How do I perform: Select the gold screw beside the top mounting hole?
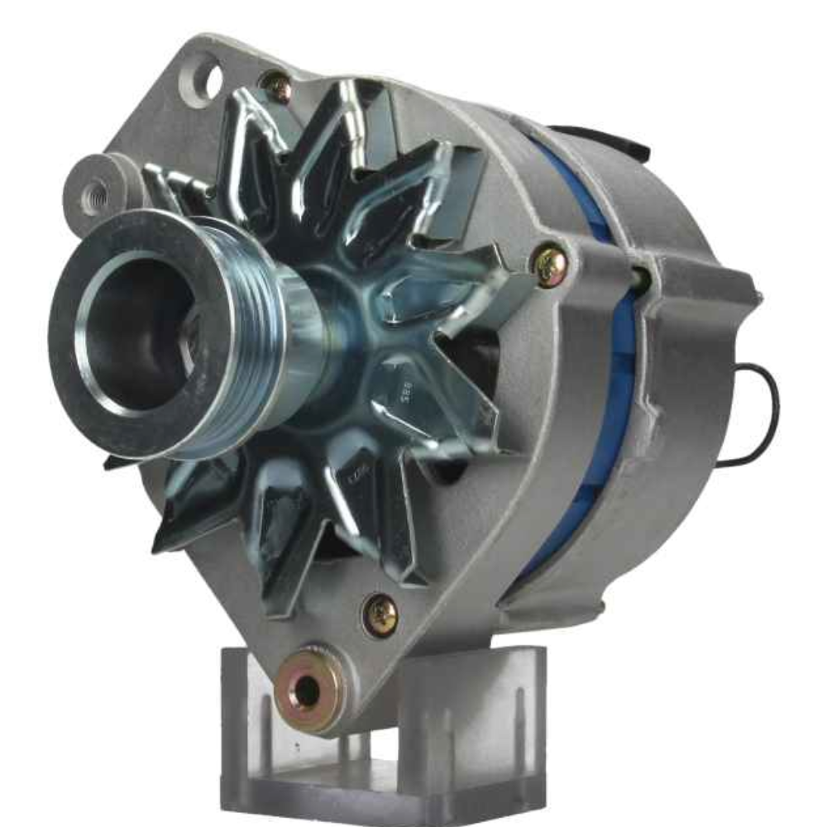tap(275, 86)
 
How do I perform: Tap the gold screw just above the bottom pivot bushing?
tap(380, 614)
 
